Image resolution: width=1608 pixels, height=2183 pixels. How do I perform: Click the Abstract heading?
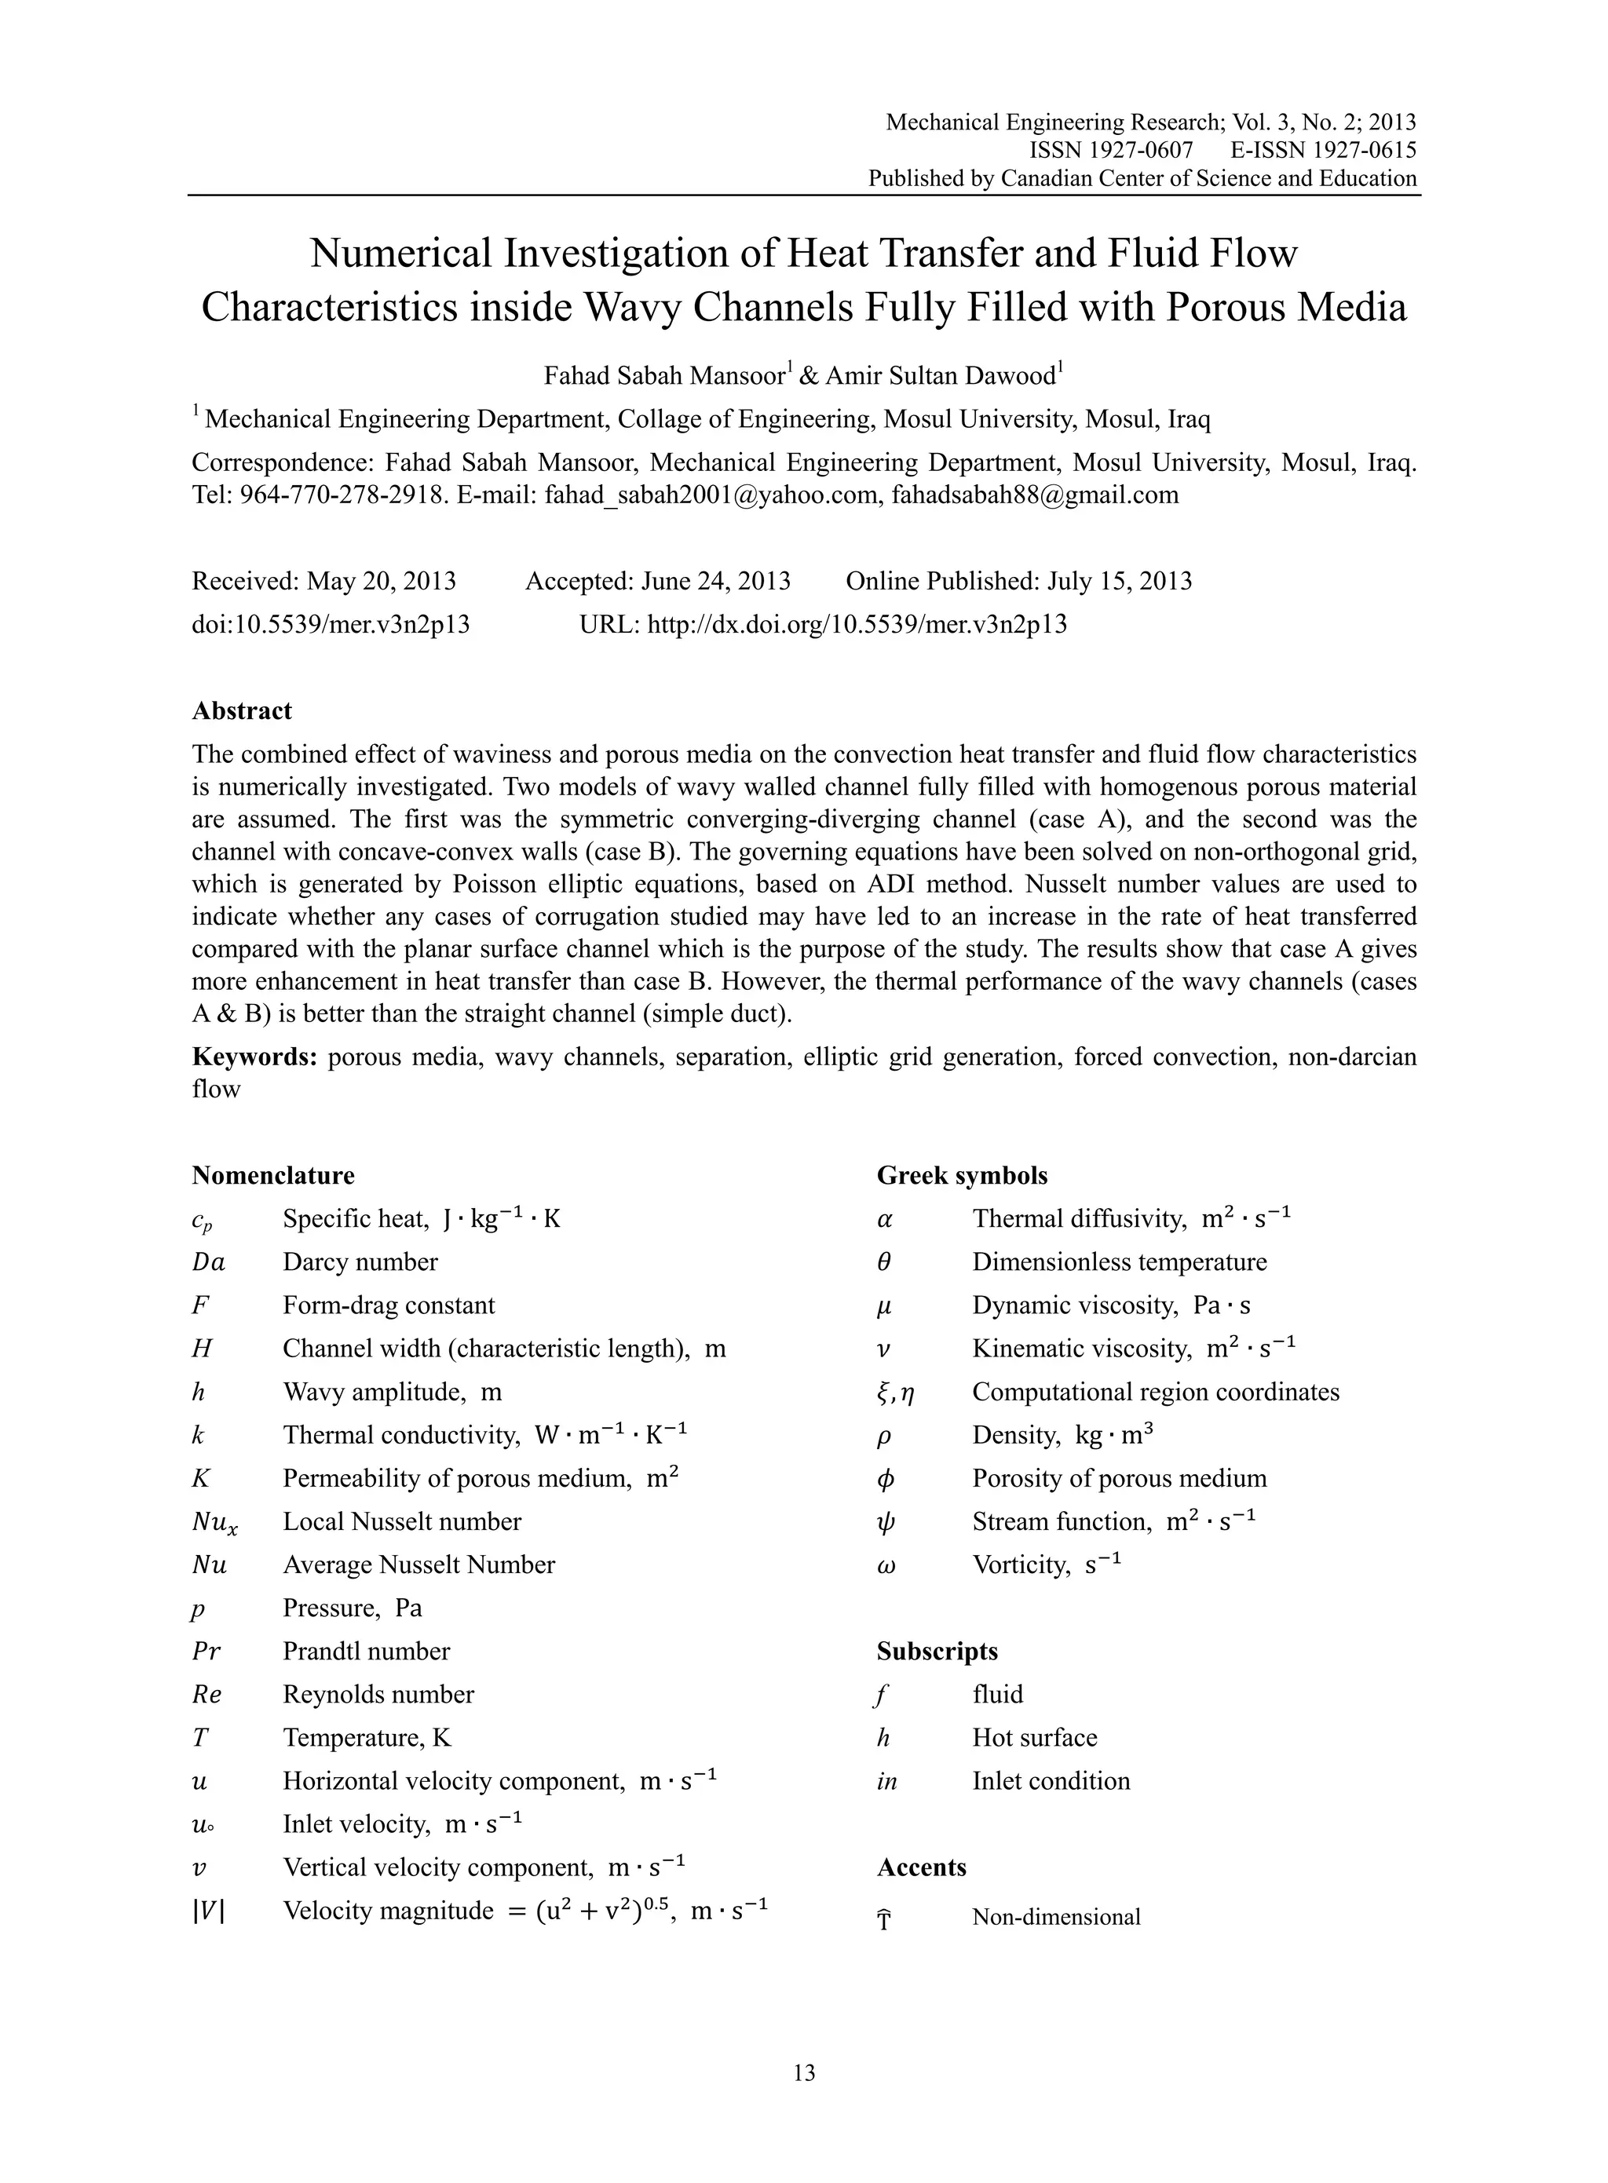click(241, 710)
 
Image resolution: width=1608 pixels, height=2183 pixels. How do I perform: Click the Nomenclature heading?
click(272, 1175)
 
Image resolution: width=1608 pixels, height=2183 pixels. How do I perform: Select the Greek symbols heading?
click(962, 1175)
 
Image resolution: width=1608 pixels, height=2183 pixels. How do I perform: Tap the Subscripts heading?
click(937, 1651)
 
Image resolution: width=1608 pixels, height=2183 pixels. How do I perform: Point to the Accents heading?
click(921, 1867)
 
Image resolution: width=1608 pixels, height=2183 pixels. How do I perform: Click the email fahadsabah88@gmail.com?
click(1034, 495)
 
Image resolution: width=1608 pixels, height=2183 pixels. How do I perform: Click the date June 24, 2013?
click(715, 581)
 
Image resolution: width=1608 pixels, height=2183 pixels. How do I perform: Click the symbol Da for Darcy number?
click(208, 1262)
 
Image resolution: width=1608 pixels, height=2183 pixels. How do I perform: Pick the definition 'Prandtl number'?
click(366, 1651)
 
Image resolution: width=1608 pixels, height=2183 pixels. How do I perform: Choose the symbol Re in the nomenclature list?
click(206, 1695)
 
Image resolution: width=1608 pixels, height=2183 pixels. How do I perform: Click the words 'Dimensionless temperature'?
click(1120, 1262)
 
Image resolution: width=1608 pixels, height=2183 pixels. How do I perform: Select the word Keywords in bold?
click(254, 1057)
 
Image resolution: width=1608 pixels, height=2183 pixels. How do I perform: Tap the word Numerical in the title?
click(400, 254)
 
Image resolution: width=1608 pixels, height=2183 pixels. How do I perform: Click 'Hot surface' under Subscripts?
click(1034, 1737)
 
